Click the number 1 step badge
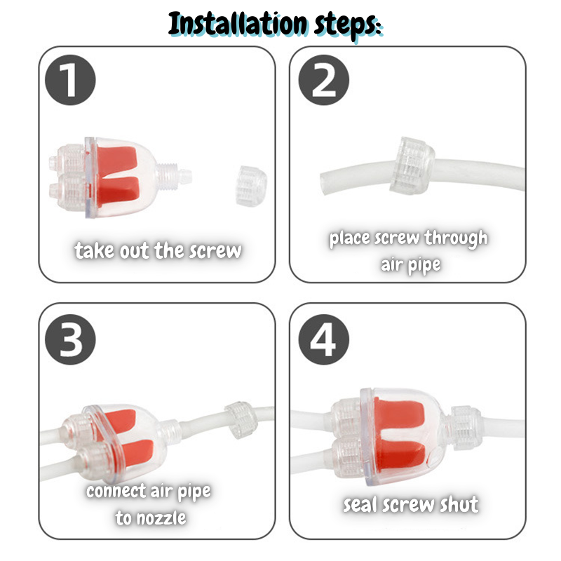coord(71,80)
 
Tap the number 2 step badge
coord(324,80)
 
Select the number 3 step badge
coord(71,339)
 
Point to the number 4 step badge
coord(324,339)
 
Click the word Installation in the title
coord(238,24)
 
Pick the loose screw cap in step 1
coord(251,186)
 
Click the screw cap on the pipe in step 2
coord(412,165)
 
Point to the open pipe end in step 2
coord(323,182)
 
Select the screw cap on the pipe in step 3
coord(241,420)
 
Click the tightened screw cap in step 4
coord(464,428)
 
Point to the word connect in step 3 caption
coord(116,491)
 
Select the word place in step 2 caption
coord(349,239)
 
